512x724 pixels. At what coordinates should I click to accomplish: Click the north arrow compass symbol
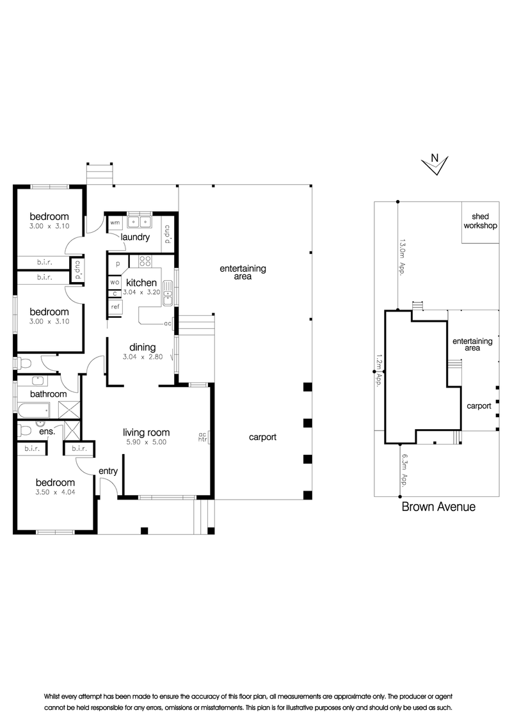click(435, 164)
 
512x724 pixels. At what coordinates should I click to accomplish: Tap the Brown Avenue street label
click(438, 507)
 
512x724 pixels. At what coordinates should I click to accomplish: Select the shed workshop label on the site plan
click(480, 221)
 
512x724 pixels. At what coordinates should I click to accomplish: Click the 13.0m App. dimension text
click(402, 257)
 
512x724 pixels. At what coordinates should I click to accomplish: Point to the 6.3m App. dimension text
click(404, 471)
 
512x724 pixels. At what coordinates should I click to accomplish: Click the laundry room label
click(135, 237)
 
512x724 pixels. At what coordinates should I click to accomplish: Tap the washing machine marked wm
click(115, 223)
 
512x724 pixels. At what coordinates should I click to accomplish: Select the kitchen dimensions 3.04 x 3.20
click(141, 292)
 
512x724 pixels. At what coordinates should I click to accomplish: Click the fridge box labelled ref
click(116, 306)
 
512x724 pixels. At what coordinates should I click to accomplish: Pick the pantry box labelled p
click(118, 264)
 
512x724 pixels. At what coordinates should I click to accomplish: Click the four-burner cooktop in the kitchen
click(145, 262)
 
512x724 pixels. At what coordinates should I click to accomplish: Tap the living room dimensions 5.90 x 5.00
click(146, 442)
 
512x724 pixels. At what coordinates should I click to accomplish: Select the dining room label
click(142, 347)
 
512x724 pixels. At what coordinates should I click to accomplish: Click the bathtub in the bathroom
click(34, 410)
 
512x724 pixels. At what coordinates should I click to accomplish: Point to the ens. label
click(47, 432)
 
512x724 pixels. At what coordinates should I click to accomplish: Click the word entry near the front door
click(108, 471)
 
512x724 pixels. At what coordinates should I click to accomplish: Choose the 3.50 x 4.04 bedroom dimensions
click(56, 492)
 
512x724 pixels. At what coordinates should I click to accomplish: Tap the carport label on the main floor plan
click(262, 437)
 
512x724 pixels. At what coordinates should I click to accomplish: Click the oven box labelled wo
click(115, 283)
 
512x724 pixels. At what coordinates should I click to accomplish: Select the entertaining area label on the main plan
click(243, 272)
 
